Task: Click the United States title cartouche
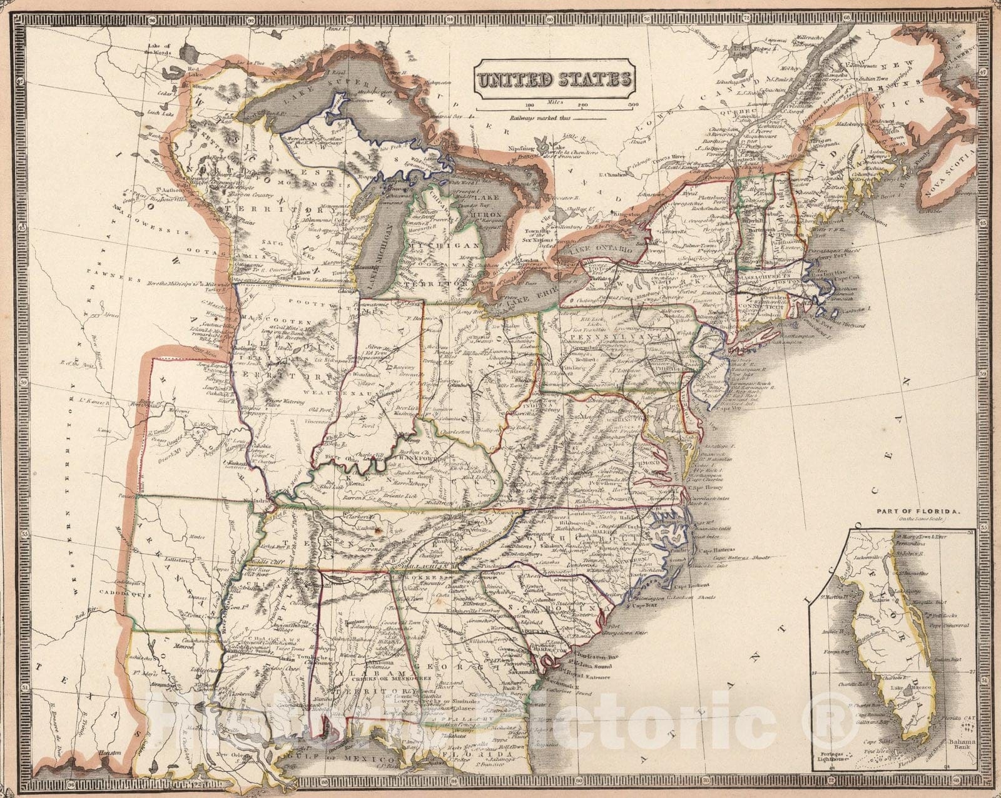tap(554, 79)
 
